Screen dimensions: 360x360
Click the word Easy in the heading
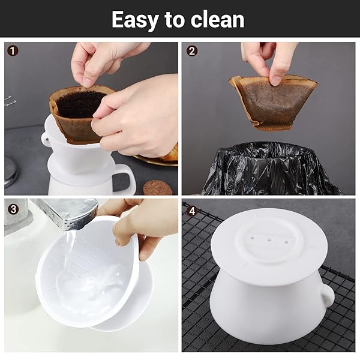(x=135, y=20)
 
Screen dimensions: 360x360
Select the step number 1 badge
(x=13, y=51)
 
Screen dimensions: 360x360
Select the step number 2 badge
(x=192, y=51)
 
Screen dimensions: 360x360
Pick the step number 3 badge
(x=13, y=209)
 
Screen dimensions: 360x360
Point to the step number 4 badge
(x=192, y=210)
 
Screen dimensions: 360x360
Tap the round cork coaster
(x=157, y=188)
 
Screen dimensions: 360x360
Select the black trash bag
(x=272, y=169)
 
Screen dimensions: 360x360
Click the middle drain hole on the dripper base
(x=269, y=241)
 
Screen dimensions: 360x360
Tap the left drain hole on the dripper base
(x=252, y=239)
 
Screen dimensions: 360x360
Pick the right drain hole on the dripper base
(x=286, y=242)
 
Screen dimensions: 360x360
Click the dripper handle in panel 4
(x=328, y=295)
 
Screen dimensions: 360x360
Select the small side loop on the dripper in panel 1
(x=46, y=139)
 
